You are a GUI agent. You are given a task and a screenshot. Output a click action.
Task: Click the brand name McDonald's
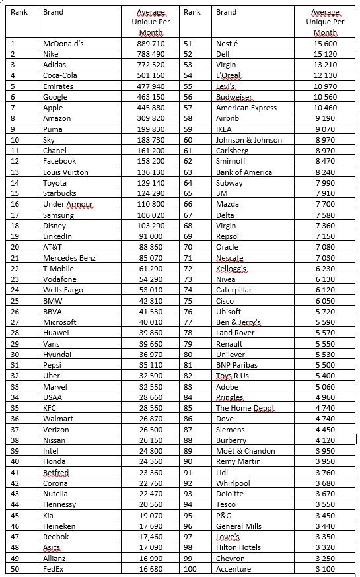pyautogui.click(x=63, y=44)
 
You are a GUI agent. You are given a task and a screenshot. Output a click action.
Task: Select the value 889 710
pyautogui.click(x=151, y=44)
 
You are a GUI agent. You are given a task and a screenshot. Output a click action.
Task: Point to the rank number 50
pyautogui.click(x=15, y=569)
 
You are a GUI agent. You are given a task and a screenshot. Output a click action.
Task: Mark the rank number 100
pyautogui.click(x=190, y=569)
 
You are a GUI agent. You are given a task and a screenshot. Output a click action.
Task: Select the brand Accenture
pyautogui.click(x=233, y=569)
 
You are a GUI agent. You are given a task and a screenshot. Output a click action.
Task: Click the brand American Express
pyautogui.click(x=246, y=108)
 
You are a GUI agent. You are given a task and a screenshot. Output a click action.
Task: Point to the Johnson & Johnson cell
pyautogui.click(x=248, y=140)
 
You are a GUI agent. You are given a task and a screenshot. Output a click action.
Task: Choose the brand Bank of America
pyautogui.click(x=244, y=172)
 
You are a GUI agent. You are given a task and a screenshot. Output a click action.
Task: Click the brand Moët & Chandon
pyautogui.click(x=245, y=451)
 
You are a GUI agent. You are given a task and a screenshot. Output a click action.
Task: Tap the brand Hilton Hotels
pyautogui.click(x=238, y=547)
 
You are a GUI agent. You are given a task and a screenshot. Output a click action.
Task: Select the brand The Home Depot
pyautogui.click(x=245, y=408)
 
